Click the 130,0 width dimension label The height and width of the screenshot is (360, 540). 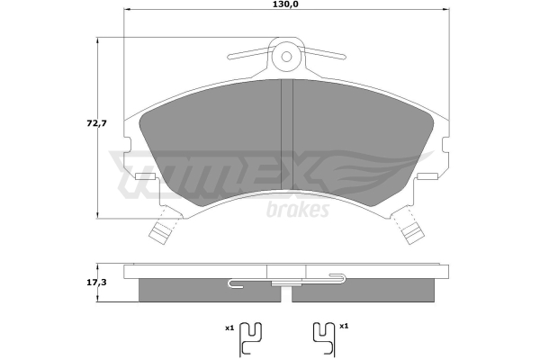click(x=285, y=4)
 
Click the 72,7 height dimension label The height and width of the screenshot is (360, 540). click(x=97, y=123)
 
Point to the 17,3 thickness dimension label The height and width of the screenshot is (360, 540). click(x=97, y=283)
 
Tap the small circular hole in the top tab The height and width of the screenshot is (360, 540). click(x=286, y=56)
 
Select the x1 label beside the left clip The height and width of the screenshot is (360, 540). click(x=229, y=328)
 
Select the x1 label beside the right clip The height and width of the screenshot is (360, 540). click(x=344, y=326)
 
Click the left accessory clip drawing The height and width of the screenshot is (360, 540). click(x=250, y=339)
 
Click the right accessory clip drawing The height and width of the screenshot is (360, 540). click(x=324, y=339)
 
